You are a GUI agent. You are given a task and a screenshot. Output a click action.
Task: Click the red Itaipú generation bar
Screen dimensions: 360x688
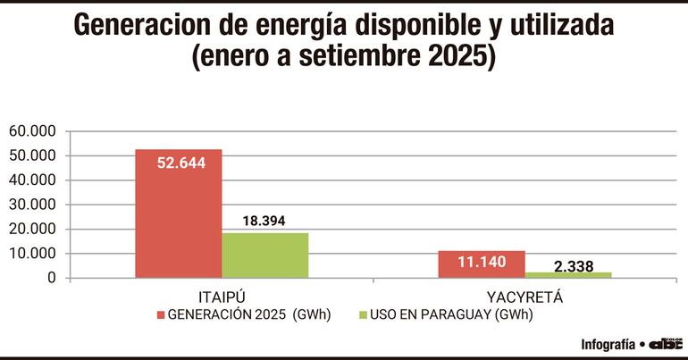179,214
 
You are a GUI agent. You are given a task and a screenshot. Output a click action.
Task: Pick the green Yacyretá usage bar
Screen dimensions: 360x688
568,274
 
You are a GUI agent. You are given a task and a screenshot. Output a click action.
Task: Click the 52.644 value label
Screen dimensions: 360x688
179,163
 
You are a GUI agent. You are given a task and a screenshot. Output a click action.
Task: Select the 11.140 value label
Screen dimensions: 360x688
482,263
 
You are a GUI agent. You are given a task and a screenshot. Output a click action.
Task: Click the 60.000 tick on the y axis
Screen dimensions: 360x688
33,131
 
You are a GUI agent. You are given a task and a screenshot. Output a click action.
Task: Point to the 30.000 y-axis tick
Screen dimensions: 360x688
33,205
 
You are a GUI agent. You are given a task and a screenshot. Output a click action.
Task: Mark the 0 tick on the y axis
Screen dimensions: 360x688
52,279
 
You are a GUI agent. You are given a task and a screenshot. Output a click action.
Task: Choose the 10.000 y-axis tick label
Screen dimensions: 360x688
33,254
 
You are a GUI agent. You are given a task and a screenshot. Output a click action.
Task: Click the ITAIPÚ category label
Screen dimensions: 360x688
222,296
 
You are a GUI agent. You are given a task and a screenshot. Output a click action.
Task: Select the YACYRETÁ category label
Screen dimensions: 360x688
524,296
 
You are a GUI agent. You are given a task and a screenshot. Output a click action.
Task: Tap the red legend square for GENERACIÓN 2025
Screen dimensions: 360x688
161,314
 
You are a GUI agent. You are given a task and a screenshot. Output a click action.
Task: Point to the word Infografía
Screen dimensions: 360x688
608,344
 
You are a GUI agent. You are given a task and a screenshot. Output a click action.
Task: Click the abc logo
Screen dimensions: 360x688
666,344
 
